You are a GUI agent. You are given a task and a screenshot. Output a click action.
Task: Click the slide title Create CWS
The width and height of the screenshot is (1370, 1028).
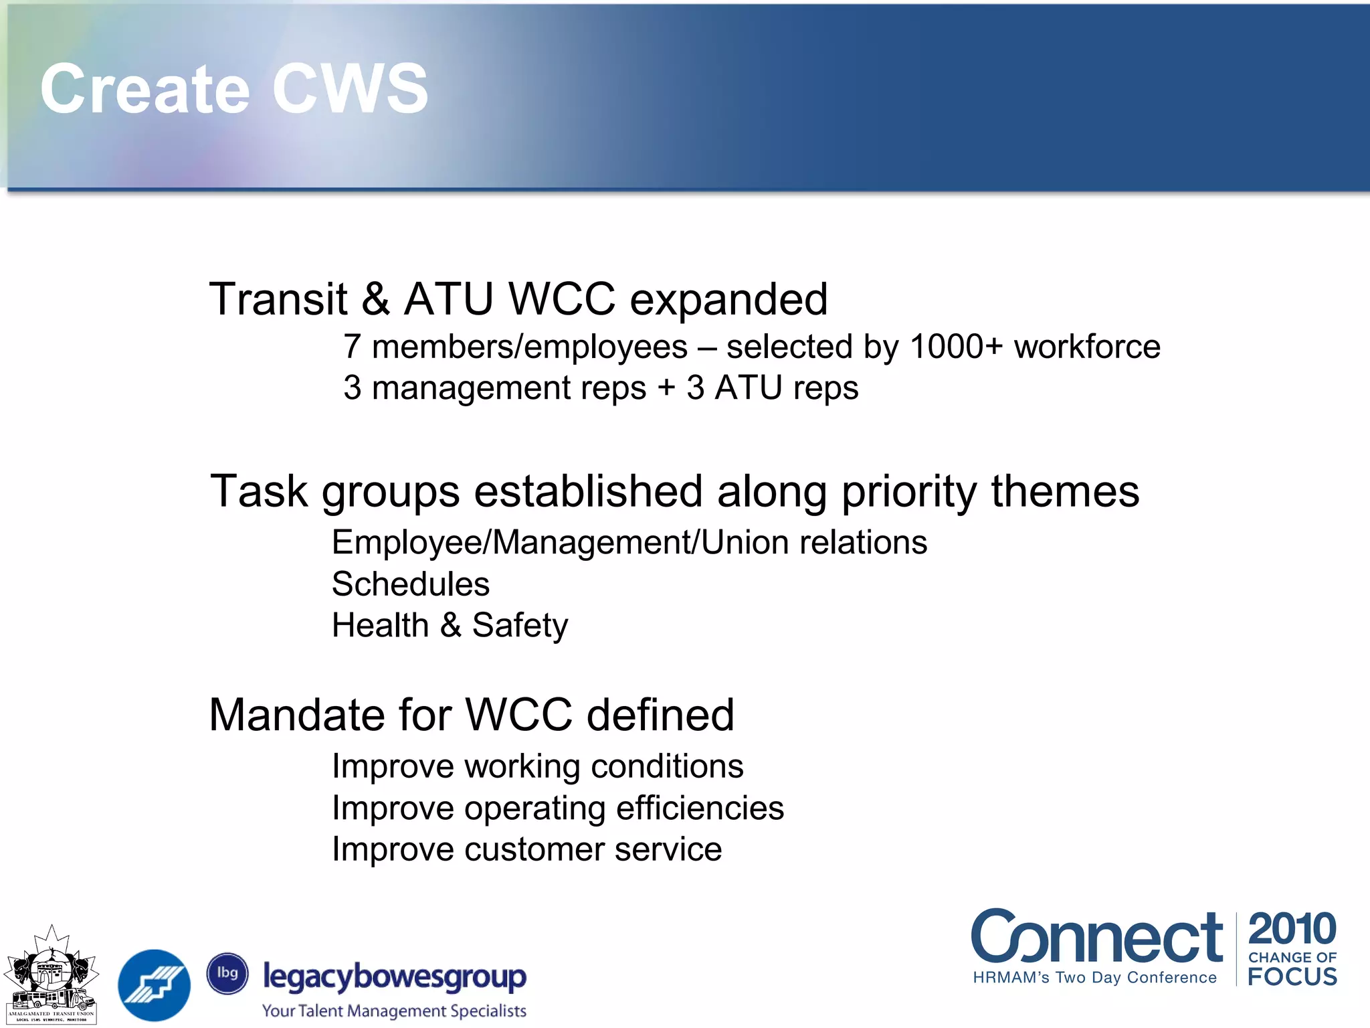[x=234, y=89]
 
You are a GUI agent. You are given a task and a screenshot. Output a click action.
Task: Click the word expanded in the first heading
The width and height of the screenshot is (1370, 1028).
[x=728, y=300]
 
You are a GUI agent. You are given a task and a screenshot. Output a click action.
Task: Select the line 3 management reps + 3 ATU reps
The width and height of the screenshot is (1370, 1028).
[x=600, y=388]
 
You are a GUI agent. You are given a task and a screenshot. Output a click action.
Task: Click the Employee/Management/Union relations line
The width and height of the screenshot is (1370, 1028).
[x=629, y=543]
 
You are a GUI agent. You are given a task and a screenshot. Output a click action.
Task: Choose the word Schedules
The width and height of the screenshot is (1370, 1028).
[x=411, y=584]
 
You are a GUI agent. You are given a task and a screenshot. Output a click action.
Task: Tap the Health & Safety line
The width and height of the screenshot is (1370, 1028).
[x=450, y=626]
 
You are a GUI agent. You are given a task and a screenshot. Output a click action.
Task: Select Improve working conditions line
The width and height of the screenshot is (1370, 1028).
[x=537, y=766]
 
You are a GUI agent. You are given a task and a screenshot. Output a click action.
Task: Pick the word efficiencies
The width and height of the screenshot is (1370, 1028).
[x=700, y=808]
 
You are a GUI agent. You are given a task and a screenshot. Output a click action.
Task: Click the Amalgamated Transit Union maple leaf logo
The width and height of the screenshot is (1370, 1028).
[x=51, y=974]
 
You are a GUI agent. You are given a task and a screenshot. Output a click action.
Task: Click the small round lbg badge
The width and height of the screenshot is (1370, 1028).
[x=227, y=973]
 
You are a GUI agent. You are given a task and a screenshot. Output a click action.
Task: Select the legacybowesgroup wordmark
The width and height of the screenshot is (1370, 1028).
[x=395, y=977]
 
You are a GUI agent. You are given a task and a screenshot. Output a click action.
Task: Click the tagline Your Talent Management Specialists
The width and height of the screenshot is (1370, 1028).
[x=394, y=1011]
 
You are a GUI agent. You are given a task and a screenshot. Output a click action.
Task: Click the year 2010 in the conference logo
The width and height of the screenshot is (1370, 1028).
[x=1292, y=929]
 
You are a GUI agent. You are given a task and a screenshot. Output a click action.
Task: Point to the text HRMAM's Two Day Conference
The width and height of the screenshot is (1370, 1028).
[x=1094, y=978]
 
